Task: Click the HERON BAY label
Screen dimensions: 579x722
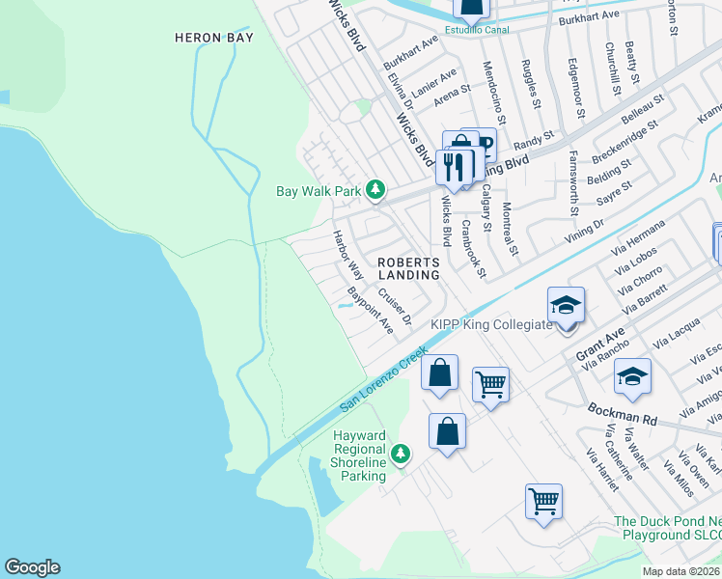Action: point(213,38)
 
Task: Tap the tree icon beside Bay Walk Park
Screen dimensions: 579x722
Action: point(375,191)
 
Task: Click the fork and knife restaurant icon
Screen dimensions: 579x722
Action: point(452,167)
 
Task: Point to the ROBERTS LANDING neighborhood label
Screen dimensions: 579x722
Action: point(408,268)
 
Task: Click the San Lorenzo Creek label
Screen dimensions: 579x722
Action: point(383,383)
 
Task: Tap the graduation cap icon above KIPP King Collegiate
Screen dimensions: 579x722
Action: point(566,306)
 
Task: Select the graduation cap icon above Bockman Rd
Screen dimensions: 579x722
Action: point(632,376)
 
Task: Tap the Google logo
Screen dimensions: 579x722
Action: point(32,567)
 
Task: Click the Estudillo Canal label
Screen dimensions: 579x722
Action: point(470,29)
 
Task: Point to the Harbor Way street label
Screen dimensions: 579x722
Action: point(347,255)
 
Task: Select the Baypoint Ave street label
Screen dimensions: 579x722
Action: point(371,310)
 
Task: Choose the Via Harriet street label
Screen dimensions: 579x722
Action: point(602,469)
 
